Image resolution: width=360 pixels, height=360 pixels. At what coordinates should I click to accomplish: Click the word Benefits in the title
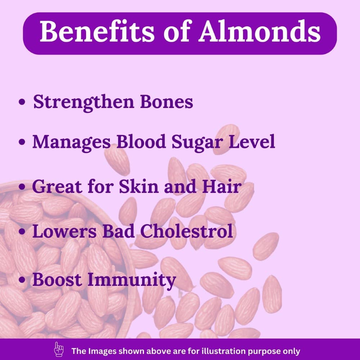[x=97, y=31]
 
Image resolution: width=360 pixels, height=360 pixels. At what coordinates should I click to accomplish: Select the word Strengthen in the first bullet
[x=84, y=102]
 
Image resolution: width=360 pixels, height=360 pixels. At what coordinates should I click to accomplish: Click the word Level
[x=252, y=141]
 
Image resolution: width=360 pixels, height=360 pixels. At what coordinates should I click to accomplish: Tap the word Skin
[x=139, y=186]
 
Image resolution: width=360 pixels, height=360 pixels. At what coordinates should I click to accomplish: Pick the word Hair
[x=221, y=186]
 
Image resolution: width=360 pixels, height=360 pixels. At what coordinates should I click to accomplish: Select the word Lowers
[x=64, y=231]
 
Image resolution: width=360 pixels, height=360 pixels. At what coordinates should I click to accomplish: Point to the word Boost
[x=57, y=279]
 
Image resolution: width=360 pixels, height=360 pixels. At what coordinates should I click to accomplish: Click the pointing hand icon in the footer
[x=59, y=349]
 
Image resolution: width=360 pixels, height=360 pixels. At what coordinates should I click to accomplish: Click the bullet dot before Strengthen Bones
[x=22, y=102]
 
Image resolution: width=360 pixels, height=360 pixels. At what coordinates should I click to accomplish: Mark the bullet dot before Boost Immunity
[x=22, y=280]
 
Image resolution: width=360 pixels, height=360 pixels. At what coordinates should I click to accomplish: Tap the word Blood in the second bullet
[x=141, y=141]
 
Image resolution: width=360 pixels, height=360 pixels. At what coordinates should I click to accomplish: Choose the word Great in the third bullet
[x=57, y=186]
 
